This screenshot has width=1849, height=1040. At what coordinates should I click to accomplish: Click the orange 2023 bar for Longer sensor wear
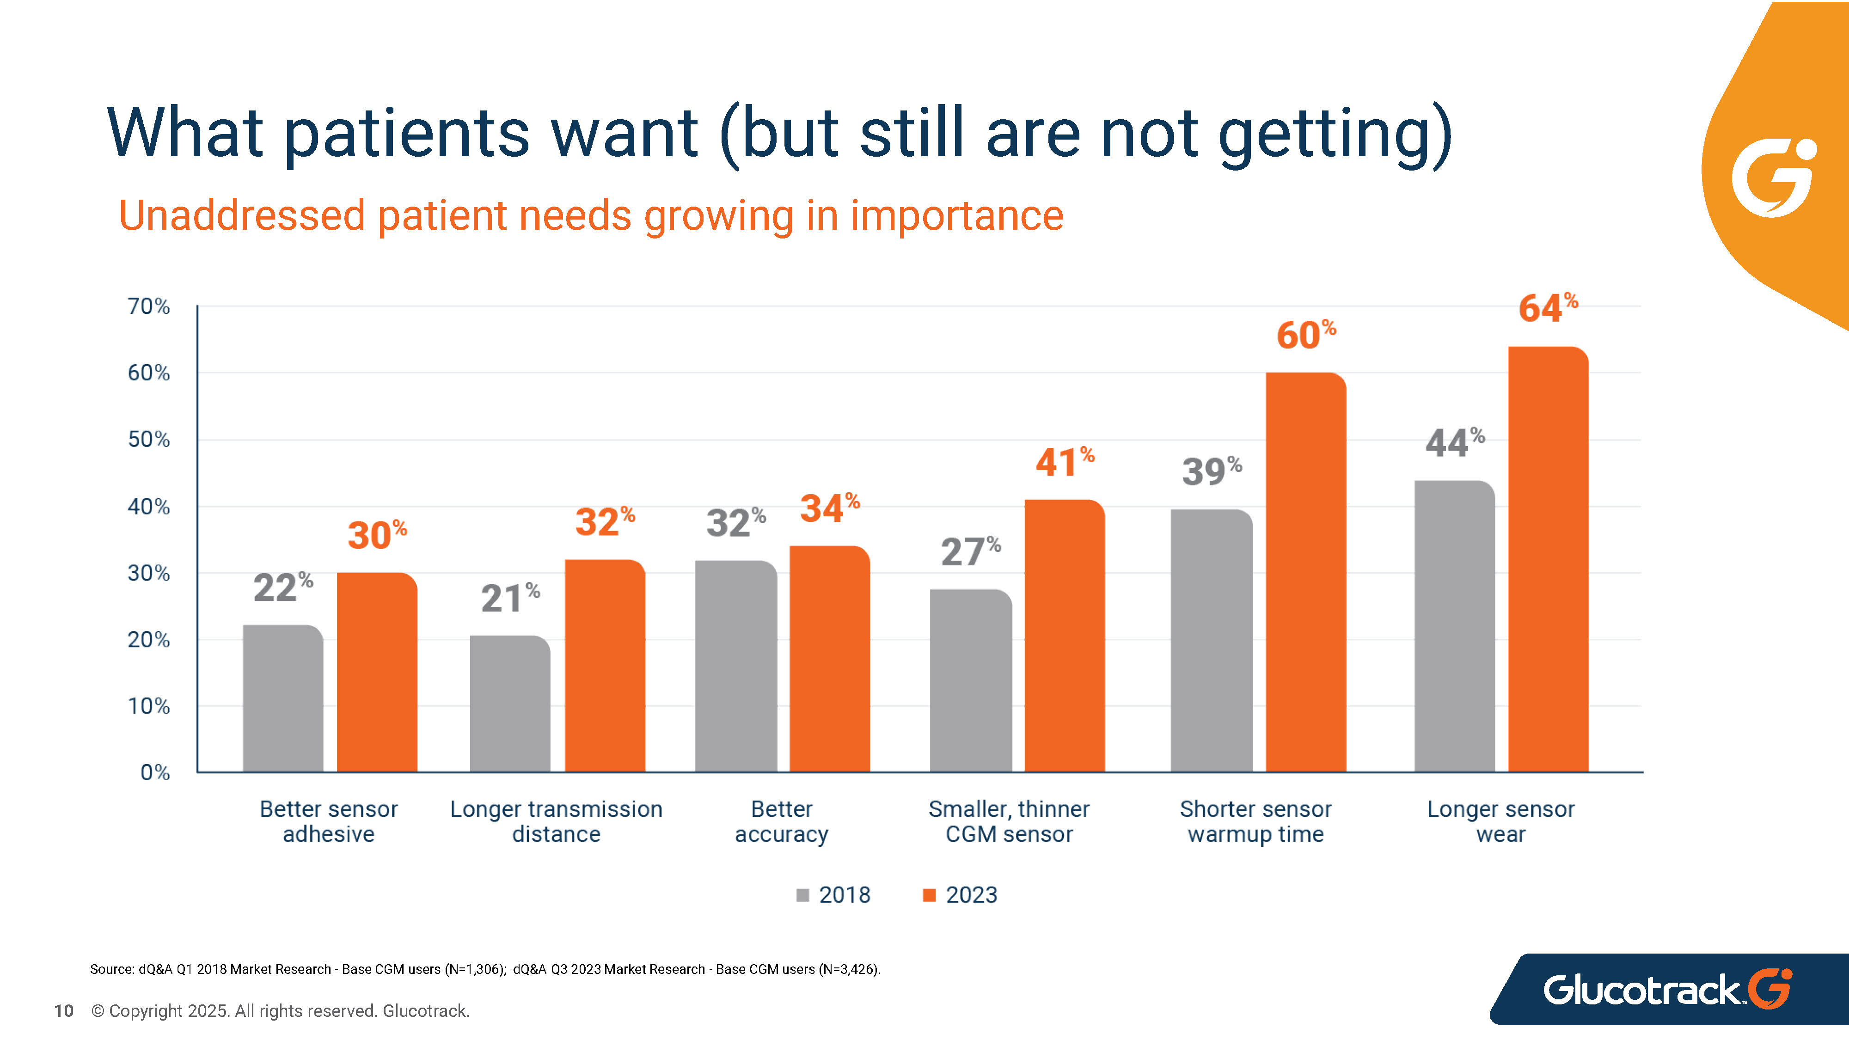tap(1548, 560)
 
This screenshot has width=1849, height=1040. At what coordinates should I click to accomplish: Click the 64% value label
tap(1548, 307)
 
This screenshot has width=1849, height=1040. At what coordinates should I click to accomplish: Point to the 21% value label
tap(509, 597)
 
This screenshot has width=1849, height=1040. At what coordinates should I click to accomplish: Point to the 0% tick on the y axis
tap(155, 772)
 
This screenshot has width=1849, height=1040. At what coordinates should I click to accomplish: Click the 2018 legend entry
tap(833, 895)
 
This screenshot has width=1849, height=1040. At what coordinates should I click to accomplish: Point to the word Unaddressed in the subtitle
tap(242, 215)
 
